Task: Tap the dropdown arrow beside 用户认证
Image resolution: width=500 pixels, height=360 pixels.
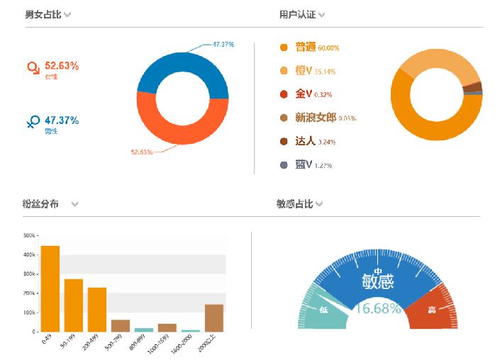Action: (x=322, y=15)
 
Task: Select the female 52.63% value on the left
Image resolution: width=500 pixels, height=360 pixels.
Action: (x=61, y=65)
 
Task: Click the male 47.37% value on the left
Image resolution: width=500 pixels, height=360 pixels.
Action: (x=61, y=120)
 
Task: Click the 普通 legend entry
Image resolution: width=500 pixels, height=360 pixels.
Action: (x=306, y=47)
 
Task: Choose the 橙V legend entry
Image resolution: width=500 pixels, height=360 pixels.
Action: (x=306, y=71)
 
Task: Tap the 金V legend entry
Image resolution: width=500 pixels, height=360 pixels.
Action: (x=304, y=94)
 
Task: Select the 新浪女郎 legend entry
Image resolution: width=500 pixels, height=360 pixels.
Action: (x=316, y=118)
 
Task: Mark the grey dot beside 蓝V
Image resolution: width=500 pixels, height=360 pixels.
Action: (x=284, y=165)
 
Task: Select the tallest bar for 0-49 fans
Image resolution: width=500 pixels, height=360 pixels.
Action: (x=50, y=288)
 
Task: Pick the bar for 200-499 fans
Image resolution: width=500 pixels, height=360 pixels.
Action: (x=97, y=309)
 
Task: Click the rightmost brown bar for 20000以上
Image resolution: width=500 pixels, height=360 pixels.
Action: (x=213, y=317)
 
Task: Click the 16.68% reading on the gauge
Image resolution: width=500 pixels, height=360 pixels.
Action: (x=378, y=309)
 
